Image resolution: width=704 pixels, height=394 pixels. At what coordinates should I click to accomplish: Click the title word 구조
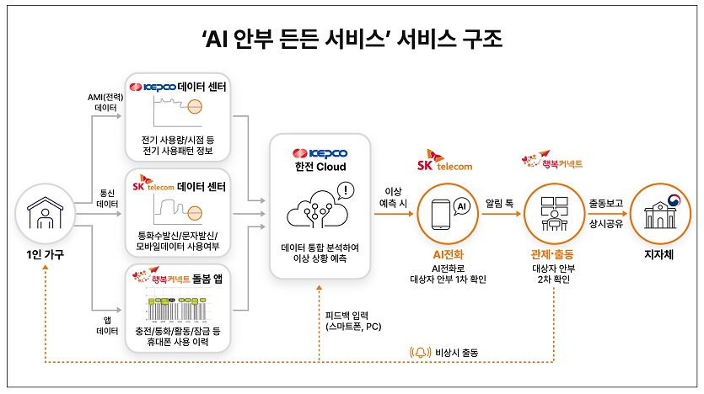click(476, 38)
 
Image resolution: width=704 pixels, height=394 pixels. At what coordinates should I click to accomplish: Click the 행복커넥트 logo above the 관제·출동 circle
click(553, 160)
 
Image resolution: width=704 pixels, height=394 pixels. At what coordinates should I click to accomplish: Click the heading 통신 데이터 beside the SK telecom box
click(106, 198)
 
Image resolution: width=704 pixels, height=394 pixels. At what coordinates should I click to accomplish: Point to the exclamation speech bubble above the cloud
click(348, 191)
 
